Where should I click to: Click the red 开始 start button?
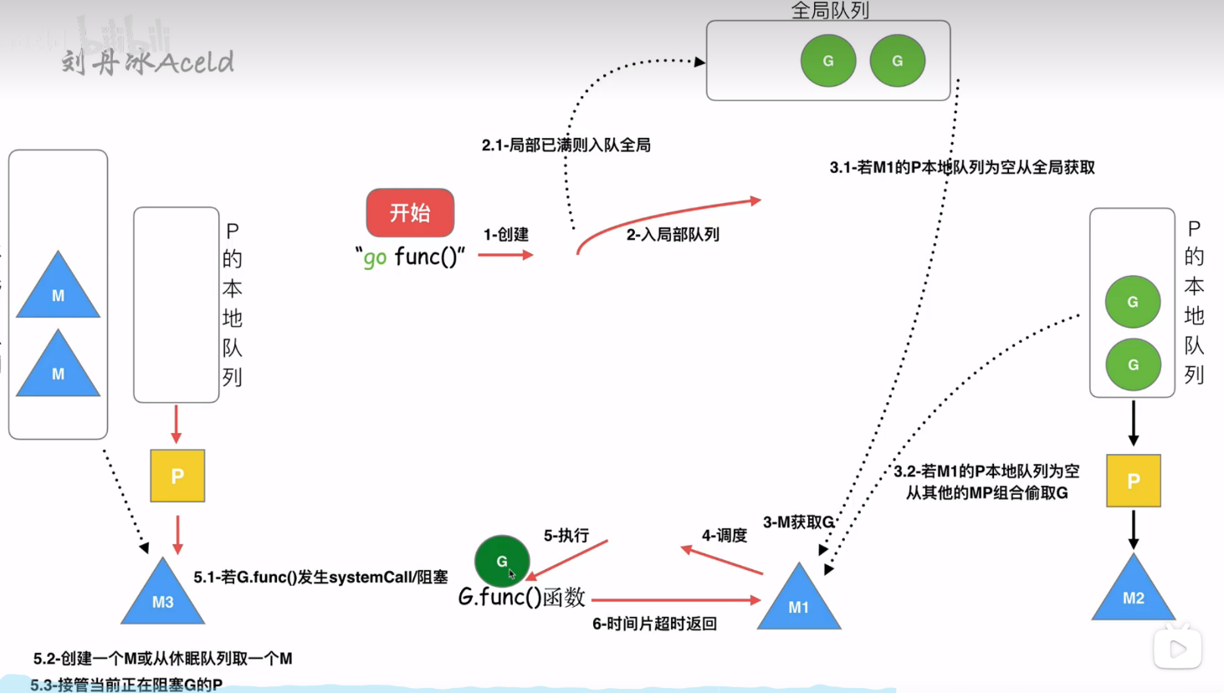410,212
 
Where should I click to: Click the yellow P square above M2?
1134,481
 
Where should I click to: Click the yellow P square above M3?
177,476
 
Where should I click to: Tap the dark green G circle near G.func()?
502,561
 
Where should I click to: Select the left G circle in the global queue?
828,61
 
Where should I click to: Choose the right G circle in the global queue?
898,61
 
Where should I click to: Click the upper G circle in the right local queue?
1133,302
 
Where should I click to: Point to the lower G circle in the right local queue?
1133,364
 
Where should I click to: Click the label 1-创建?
506,235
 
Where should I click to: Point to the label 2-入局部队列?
673,235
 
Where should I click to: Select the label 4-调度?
724,536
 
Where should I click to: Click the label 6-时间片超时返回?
654,624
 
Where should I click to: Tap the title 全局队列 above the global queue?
829,10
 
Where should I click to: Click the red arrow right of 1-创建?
505,254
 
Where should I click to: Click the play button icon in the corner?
1178,649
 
